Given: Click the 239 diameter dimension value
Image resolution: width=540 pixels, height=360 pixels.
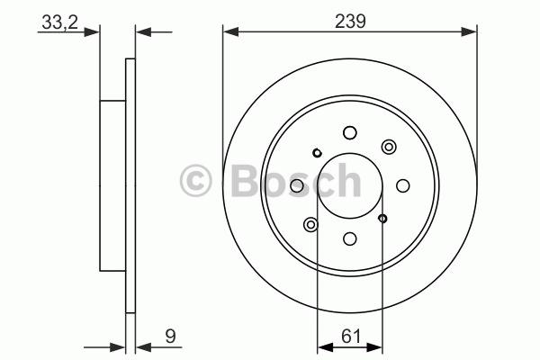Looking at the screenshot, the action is click(x=350, y=22).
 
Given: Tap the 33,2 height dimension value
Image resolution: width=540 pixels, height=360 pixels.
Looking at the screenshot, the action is click(x=60, y=22).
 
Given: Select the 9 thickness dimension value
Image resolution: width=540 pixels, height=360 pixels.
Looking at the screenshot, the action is click(x=170, y=336).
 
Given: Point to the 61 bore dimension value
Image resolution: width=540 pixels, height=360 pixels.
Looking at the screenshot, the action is click(x=351, y=336).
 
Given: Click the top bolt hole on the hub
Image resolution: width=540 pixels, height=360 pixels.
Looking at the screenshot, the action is click(x=350, y=132).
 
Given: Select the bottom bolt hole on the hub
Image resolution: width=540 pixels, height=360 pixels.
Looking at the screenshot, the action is click(x=350, y=238).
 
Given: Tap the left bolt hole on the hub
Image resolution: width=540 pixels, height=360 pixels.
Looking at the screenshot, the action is click(x=297, y=185).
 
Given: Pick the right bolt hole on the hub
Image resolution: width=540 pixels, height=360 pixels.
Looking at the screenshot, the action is click(x=403, y=185).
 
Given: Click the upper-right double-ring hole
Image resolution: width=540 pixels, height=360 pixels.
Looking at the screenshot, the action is click(x=389, y=147).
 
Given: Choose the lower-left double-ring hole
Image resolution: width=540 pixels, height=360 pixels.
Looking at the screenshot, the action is click(x=310, y=225).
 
